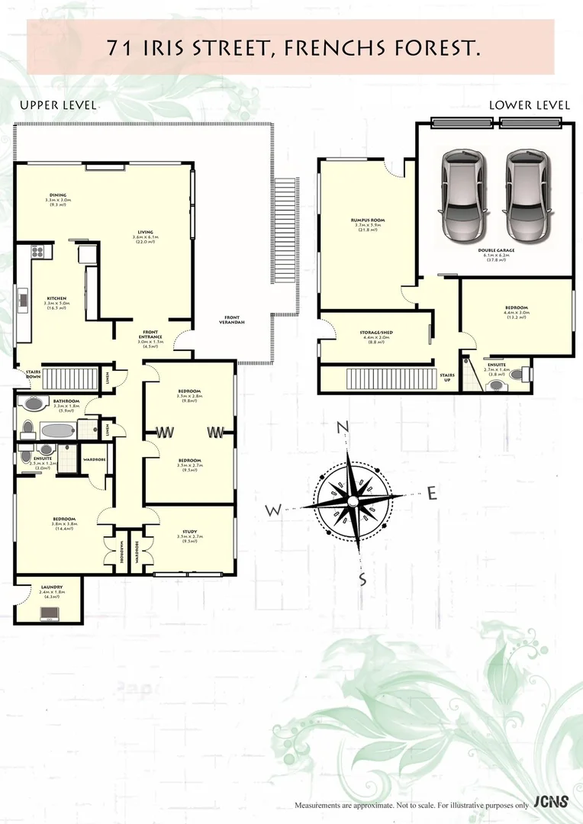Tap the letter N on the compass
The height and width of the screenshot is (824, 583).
[x=343, y=426]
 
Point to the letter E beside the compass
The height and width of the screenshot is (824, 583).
[x=432, y=494]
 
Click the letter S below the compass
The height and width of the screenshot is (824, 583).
[x=363, y=580]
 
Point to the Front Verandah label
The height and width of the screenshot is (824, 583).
[x=231, y=319]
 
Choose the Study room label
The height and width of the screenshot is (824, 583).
[x=189, y=532]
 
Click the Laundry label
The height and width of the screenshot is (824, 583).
[x=51, y=587]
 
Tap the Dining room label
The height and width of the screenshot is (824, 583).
[x=59, y=195]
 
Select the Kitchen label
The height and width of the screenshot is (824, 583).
[x=56, y=298]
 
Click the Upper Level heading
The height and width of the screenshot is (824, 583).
[x=58, y=105]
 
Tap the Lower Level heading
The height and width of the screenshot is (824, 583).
[x=529, y=105]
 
